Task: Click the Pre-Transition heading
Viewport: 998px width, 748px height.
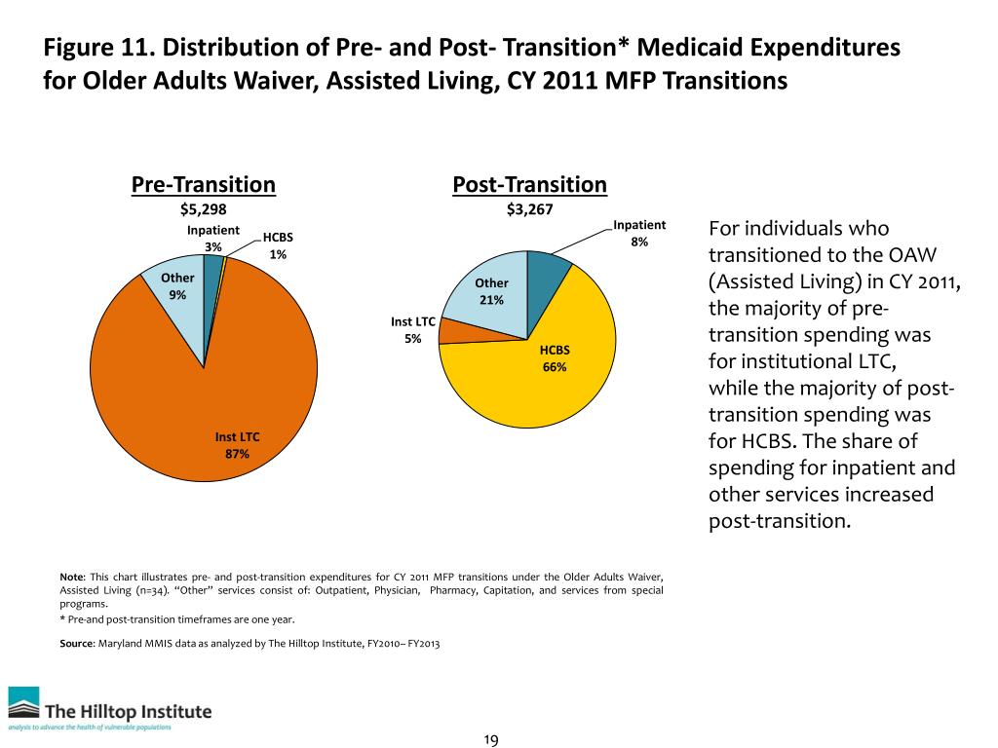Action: (x=204, y=184)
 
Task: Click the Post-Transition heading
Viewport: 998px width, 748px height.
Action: (x=529, y=184)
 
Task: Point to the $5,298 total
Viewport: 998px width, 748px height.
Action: (x=203, y=208)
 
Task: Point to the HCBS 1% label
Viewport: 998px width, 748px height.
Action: (x=278, y=245)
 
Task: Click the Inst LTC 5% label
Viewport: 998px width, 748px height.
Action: (x=412, y=329)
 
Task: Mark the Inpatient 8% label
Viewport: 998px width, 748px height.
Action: (x=639, y=232)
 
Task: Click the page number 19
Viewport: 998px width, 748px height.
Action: (x=491, y=741)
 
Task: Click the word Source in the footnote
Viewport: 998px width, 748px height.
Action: (x=77, y=644)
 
